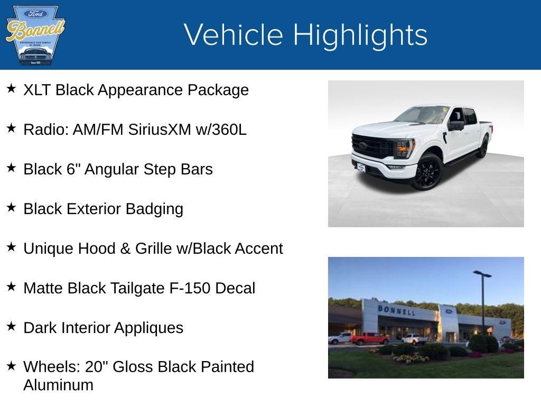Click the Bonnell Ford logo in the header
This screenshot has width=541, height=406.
[35, 35]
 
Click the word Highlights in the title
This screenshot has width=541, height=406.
[360, 35]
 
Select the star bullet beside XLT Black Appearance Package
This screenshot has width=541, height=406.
[11, 88]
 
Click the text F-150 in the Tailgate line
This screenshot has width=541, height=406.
[182, 288]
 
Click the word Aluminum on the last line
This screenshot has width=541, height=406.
[58, 385]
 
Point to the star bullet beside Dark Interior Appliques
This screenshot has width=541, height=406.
[11, 326]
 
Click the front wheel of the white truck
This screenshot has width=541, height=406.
[427, 171]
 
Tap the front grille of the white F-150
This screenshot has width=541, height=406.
[372, 146]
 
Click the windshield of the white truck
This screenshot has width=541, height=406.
[423, 115]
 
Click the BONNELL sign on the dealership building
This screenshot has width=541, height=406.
[396, 310]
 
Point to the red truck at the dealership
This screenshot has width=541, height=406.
[369, 338]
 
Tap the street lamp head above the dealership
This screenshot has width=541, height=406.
[482, 274]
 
